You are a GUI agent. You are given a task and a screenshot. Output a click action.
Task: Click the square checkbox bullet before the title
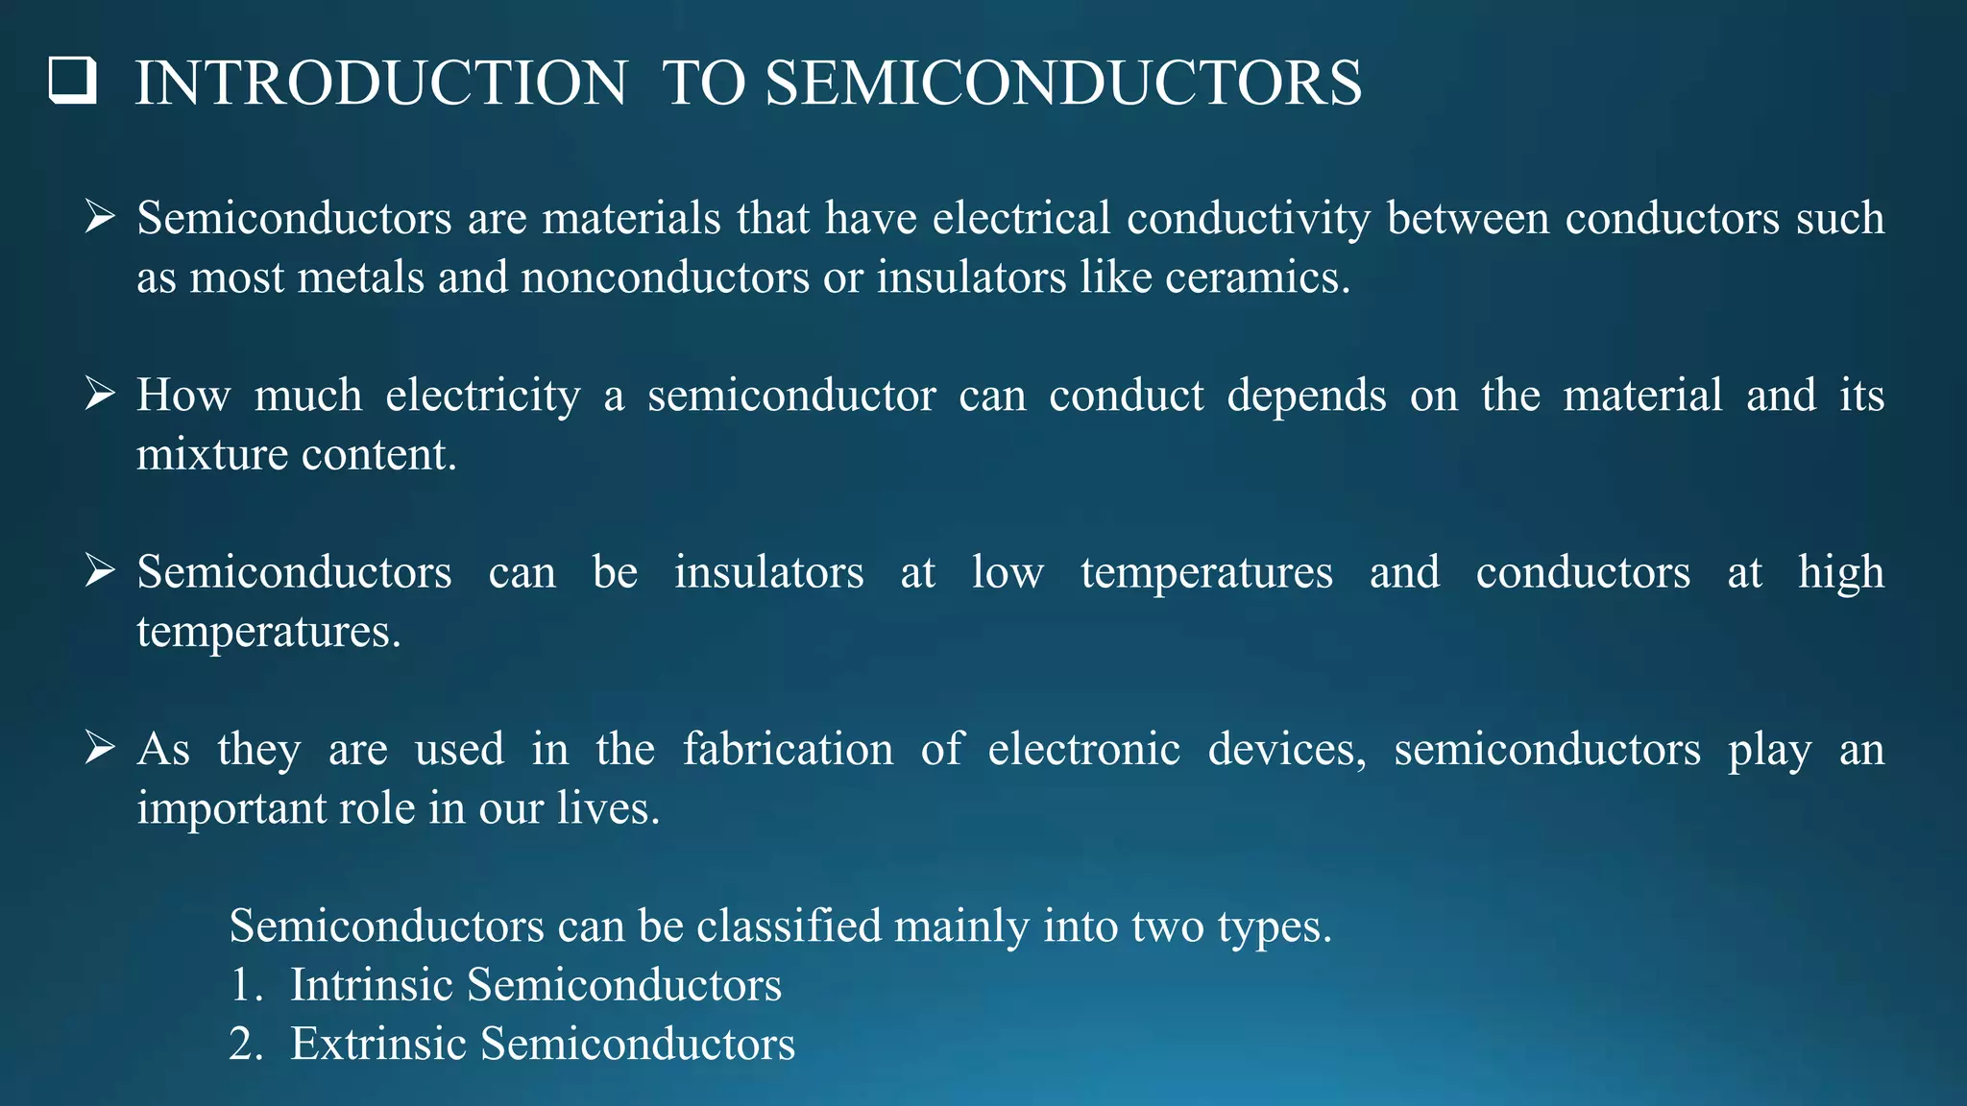[x=73, y=81]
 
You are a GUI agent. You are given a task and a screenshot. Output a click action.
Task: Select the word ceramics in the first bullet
[x=1257, y=278]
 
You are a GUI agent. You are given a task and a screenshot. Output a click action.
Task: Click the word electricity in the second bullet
[x=483, y=396]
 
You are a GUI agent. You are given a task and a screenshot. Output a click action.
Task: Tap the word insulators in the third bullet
[x=768, y=573]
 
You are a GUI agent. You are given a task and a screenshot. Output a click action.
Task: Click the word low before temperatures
[x=1007, y=573]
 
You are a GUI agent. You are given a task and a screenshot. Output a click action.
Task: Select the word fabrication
[x=788, y=750]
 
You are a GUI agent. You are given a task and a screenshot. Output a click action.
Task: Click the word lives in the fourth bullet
[x=609, y=808]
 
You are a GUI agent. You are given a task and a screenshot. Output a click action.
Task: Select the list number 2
[x=245, y=1045]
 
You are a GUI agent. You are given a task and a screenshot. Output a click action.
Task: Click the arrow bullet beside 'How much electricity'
[x=99, y=394]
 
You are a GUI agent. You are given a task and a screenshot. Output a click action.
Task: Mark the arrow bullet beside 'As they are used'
[x=99, y=747]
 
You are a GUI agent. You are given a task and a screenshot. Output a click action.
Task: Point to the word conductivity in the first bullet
[x=1249, y=220]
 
